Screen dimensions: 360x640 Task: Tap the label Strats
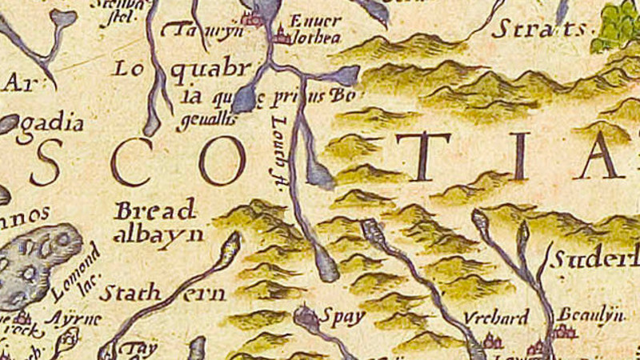538,30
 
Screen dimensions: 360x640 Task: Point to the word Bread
155,212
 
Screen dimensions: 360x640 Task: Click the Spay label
342,317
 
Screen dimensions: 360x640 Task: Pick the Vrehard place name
497,318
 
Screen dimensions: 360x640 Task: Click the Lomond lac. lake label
78,272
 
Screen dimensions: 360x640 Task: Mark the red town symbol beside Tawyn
254,19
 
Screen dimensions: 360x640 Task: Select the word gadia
57,123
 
